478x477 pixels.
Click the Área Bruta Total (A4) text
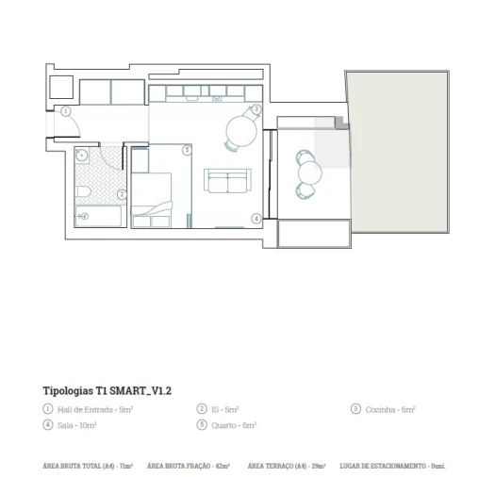[x=88, y=466]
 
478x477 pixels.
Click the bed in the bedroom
[x=152, y=193]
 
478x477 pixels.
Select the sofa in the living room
[x=229, y=181]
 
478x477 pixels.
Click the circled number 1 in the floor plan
[x=66, y=111]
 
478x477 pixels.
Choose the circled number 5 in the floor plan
[x=187, y=150]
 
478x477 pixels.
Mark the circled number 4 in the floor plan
[x=255, y=218]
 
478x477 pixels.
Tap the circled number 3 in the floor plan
[x=256, y=109]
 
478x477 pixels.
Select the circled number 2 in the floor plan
[x=123, y=195]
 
